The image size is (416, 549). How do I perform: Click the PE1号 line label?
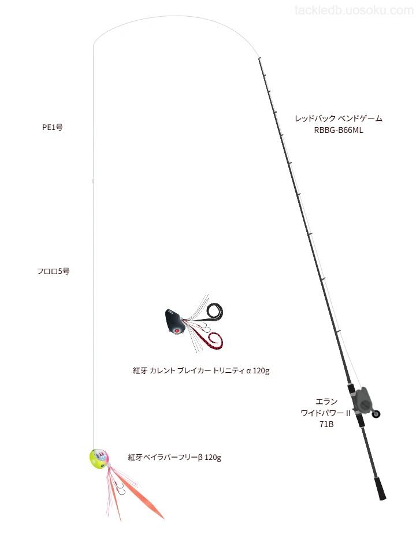pos(53,127)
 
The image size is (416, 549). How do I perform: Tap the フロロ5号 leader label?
pos(53,271)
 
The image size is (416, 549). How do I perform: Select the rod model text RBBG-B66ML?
pos(338,130)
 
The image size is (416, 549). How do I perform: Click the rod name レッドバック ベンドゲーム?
pos(339,118)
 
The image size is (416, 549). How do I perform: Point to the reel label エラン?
pos(326,401)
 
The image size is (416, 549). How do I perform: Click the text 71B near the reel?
pos(326,424)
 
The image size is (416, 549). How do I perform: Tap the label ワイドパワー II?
pos(325,413)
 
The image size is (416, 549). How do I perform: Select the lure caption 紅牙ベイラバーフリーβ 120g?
pos(174,457)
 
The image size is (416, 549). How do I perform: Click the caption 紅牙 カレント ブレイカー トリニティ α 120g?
pos(201,370)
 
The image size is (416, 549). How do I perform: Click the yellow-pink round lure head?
pos(99,459)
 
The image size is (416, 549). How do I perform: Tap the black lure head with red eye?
pos(174,321)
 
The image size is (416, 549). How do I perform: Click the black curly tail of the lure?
pos(214,311)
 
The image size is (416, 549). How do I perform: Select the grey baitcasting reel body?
pos(361,399)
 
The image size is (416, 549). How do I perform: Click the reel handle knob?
pos(377,414)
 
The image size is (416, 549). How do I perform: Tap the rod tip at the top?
pos(259,58)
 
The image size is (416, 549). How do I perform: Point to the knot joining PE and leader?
pos(93,181)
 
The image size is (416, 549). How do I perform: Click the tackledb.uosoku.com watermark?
pos(354,10)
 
